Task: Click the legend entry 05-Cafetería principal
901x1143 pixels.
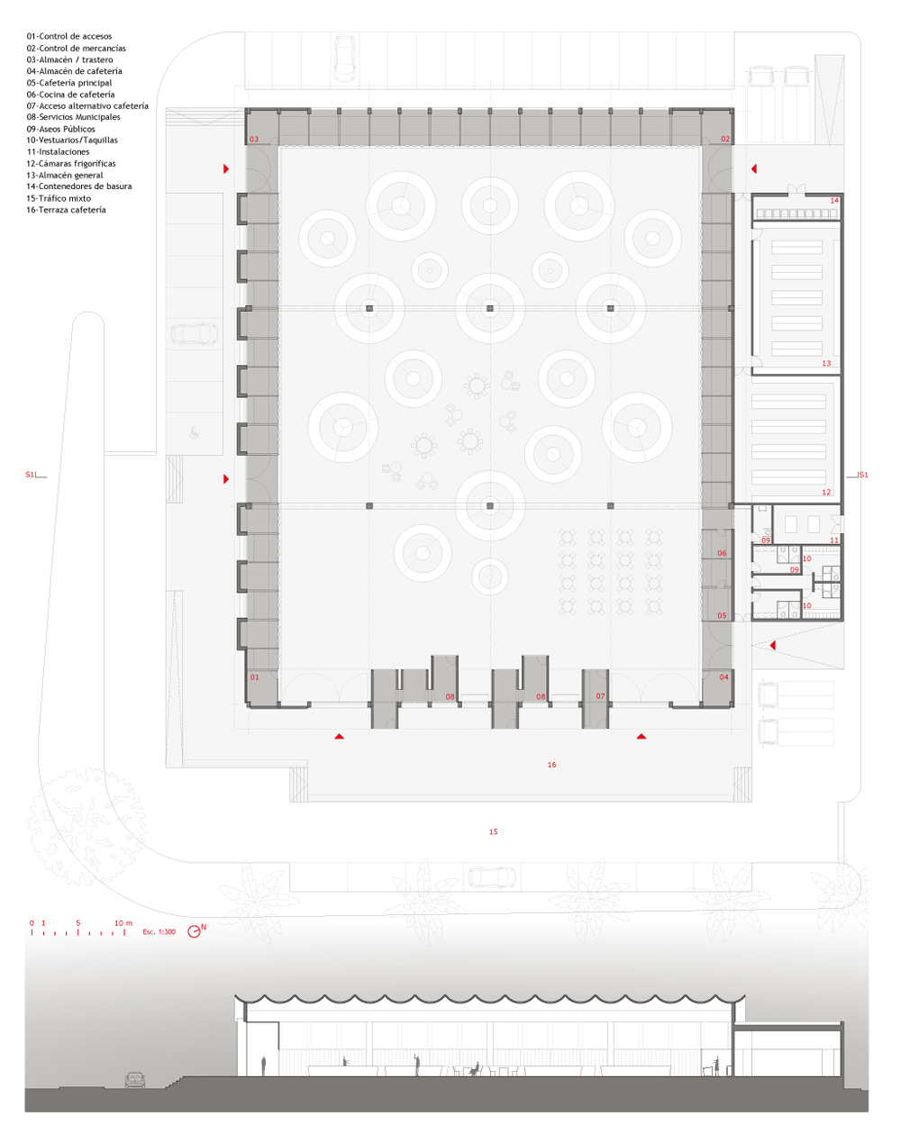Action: pyautogui.click(x=69, y=83)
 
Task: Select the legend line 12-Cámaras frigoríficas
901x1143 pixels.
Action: pyautogui.click(x=70, y=164)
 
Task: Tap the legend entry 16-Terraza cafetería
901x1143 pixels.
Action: pyautogui.click(x=66, y=210)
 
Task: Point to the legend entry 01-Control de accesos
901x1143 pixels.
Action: pyautogui.click(x=69, y=36)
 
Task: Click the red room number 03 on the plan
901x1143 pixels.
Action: pyautogui.click(x=254, y=139)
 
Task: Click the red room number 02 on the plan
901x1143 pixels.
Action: pyautogui.click(x=725, y=139)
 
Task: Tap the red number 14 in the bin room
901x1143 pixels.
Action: pyautogui.click(x=834, y=200)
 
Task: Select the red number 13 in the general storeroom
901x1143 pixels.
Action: pyautogui.click(x=826, y=363)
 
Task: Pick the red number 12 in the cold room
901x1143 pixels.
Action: pyautogui.click(x=826, y=493)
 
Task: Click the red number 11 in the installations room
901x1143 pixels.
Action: pyautogui.click(x=834, y=540)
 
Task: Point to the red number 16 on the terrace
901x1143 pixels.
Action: pyautogui.click(x=552, y=765)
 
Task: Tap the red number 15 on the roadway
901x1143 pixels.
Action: pyautogui.click(x=494, y=831)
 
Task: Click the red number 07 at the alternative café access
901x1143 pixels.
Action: pyautogui.click(x=600, y=696)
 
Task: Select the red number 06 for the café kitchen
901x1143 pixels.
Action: pyautogui.click(x=722, y=553)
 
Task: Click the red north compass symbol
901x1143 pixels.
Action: pyautogui.click(x=195, y=931)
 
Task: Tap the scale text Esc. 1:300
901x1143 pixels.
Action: pyautogui.click(x=159, y=931)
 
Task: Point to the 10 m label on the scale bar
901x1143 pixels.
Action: pyautogui.click(x=123, y=923)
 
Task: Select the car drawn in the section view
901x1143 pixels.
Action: pyautogui.click(x=135, y=1080)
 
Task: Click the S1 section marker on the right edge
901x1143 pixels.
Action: pyautogui.click(x=863, y=475)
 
